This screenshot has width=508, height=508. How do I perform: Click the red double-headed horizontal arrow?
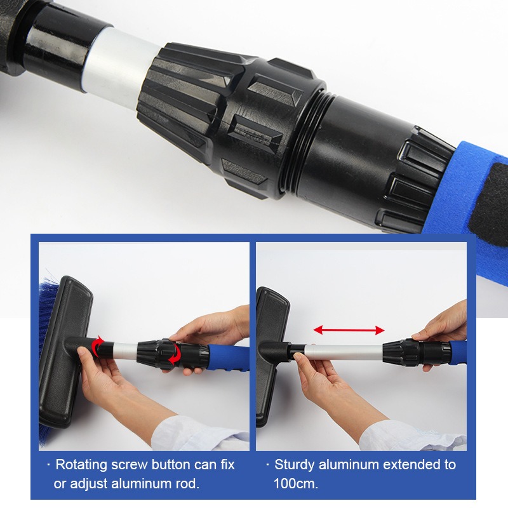point(349,330)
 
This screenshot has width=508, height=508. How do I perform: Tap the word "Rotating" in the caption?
point(81,465)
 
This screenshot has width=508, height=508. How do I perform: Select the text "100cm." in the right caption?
point(296,484)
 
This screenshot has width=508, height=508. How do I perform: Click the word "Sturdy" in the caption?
point(294,465)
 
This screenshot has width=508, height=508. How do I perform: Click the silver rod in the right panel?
point(344,352)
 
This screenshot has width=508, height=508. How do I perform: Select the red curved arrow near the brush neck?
point(97,347)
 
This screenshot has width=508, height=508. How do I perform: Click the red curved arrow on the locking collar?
point(175,354)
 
